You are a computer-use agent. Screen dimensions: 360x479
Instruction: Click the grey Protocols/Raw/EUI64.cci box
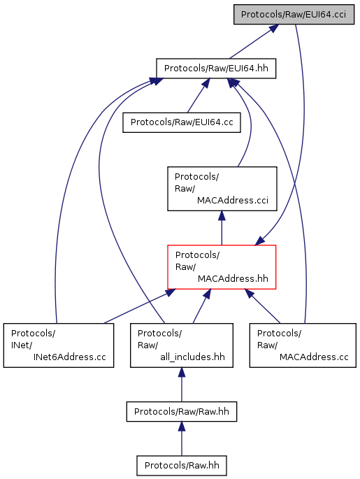294,15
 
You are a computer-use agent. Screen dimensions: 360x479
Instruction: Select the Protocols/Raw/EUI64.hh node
216,68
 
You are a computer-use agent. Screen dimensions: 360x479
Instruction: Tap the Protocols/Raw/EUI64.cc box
182,122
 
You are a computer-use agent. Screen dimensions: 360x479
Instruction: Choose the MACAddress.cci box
222,189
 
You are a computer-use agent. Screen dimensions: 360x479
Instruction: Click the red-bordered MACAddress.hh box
222,267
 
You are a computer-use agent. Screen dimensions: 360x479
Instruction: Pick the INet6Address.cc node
59,345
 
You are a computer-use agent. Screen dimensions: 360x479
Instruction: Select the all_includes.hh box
181,345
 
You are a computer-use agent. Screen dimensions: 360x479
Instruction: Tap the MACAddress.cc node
303,345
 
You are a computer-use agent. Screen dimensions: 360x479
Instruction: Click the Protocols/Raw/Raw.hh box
182,411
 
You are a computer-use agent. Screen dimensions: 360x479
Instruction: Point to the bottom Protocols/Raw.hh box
182,466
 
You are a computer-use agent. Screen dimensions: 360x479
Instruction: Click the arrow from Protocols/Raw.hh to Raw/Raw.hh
182,438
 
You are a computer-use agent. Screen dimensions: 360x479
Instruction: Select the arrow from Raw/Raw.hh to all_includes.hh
182,385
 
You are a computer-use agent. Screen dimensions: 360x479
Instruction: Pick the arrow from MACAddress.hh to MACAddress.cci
222,228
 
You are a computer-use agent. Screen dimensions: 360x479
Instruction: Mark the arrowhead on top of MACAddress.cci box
222,215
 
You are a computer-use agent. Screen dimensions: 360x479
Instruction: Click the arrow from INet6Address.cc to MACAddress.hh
140,306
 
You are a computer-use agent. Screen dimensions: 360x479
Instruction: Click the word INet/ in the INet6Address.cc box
22,345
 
